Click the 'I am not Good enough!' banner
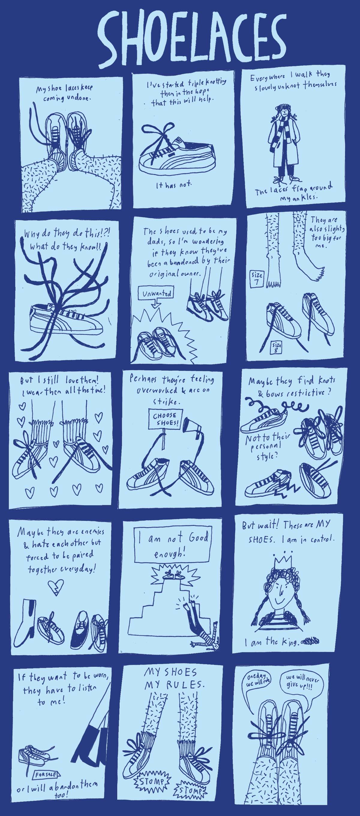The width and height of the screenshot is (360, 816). pos(173,545)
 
